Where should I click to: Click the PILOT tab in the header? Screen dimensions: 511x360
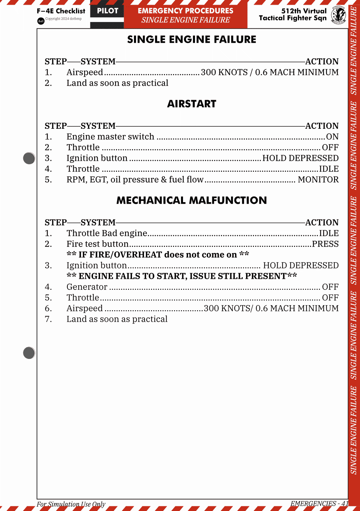107,11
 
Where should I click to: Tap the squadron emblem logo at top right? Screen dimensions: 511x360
338,15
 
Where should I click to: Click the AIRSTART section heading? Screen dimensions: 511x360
192,104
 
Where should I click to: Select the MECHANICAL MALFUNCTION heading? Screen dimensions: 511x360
192,200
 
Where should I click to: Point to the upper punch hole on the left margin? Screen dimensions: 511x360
29,158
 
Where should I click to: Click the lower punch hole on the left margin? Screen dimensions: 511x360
29,353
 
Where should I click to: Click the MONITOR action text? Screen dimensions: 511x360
318,179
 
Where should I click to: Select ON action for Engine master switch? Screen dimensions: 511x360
332,137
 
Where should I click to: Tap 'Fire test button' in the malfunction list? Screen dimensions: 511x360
97,244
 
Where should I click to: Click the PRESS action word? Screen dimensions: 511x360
325,244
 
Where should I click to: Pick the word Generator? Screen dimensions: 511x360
87,287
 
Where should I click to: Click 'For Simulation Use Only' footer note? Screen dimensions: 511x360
71,504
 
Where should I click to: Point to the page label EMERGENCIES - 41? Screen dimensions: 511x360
319,503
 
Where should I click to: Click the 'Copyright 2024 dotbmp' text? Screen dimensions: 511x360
63,19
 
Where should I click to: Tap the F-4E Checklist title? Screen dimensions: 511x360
61,11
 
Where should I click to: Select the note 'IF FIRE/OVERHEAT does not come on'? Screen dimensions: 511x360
158,255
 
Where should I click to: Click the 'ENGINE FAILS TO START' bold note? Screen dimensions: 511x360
182,276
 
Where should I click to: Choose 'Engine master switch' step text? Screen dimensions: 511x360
110,137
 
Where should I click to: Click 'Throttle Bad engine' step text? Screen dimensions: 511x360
107,233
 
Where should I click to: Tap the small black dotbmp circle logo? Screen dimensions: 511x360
41,21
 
